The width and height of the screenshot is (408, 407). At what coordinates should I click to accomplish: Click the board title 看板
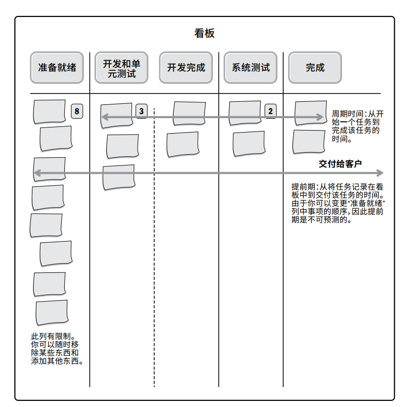(204, 34)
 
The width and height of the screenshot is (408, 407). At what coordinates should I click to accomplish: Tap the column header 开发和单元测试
(122, 68)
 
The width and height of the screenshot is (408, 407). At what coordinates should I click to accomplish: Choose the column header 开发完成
(186, 67)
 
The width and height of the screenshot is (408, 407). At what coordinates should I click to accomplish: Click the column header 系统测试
(251, 67)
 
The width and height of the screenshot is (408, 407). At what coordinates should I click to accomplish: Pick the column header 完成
(315, 67)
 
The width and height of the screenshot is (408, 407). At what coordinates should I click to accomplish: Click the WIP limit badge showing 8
(77, 111)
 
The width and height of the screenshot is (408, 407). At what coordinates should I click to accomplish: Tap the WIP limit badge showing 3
(141, 111)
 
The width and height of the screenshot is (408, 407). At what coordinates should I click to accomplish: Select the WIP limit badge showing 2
(270, 111)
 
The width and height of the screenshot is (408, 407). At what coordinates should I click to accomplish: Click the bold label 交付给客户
(340, 163)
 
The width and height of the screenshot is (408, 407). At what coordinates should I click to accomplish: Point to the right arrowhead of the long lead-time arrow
(380, 173)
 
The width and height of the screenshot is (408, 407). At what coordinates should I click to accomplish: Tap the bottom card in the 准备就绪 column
(51, 312)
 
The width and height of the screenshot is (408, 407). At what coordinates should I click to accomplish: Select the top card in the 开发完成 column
(189, 113)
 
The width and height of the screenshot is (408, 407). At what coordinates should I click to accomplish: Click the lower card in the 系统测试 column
(249, 144)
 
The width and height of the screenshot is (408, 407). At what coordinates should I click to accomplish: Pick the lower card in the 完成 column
(309, 142)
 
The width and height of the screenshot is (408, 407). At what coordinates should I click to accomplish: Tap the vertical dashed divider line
(154, 257)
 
